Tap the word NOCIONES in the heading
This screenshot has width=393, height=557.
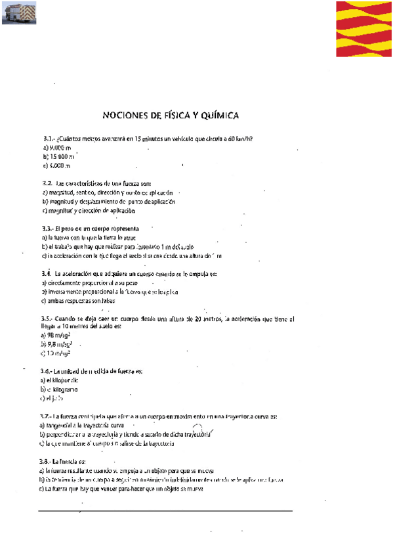click(x=127, y=116)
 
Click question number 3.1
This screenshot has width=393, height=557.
click(x=47, y=139)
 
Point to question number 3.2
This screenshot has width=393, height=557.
click(x=47, y=183)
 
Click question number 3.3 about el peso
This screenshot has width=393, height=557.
click(x=47, y=228)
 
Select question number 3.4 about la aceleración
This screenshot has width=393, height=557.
click(x=47, y=273)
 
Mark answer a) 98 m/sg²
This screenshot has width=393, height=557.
click(x=56, y=335)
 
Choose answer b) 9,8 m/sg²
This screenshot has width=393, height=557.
click(x=56, y=344)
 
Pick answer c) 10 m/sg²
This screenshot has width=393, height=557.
click(x=56, y=353)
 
